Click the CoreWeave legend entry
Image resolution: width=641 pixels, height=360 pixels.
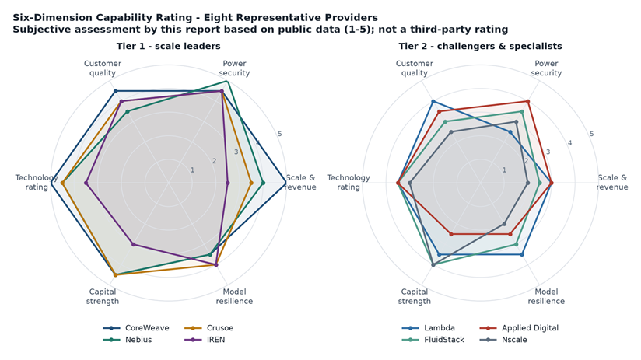click(135, 327)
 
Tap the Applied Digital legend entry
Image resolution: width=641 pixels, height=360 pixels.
click(519, 327)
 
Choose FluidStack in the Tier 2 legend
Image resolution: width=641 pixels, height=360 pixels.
click(433, 340)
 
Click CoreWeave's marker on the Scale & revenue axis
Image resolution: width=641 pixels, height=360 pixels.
click(285, 183)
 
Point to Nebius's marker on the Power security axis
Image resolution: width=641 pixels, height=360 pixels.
click(227, 82)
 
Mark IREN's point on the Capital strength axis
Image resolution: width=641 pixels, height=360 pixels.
click(133, 244)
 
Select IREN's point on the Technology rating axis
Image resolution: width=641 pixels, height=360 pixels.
click(86, 183)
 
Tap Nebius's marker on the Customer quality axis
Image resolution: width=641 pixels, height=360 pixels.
click(127, 111)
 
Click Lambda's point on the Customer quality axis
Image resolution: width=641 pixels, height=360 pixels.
click(433, 101)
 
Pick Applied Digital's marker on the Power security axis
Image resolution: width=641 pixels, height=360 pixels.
click(527, 101)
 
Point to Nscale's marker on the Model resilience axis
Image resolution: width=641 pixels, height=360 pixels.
click(504, 224)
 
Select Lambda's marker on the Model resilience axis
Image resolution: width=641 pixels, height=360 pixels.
click(522, 254)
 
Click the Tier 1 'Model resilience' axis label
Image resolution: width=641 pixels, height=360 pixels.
click(234, 296)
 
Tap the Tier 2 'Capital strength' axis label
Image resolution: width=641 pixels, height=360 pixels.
click(414, 296)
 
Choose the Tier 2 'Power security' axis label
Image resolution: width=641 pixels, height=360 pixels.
click(546, 68)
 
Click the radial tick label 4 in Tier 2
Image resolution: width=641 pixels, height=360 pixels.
click(570, 143)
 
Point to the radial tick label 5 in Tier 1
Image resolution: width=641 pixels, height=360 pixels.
click(279, 134)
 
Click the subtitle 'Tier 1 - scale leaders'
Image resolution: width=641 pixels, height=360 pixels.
click(169, 46)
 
